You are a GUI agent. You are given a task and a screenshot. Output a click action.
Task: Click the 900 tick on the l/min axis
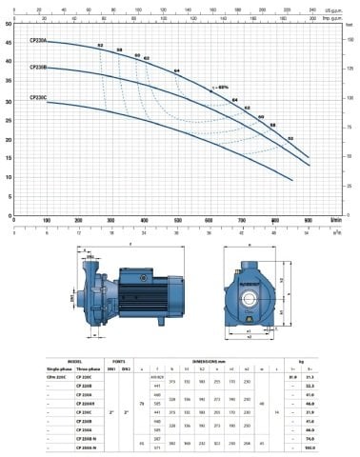(x=308, y=220)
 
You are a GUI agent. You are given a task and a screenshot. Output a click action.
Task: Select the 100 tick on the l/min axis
(x=47, y=220)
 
